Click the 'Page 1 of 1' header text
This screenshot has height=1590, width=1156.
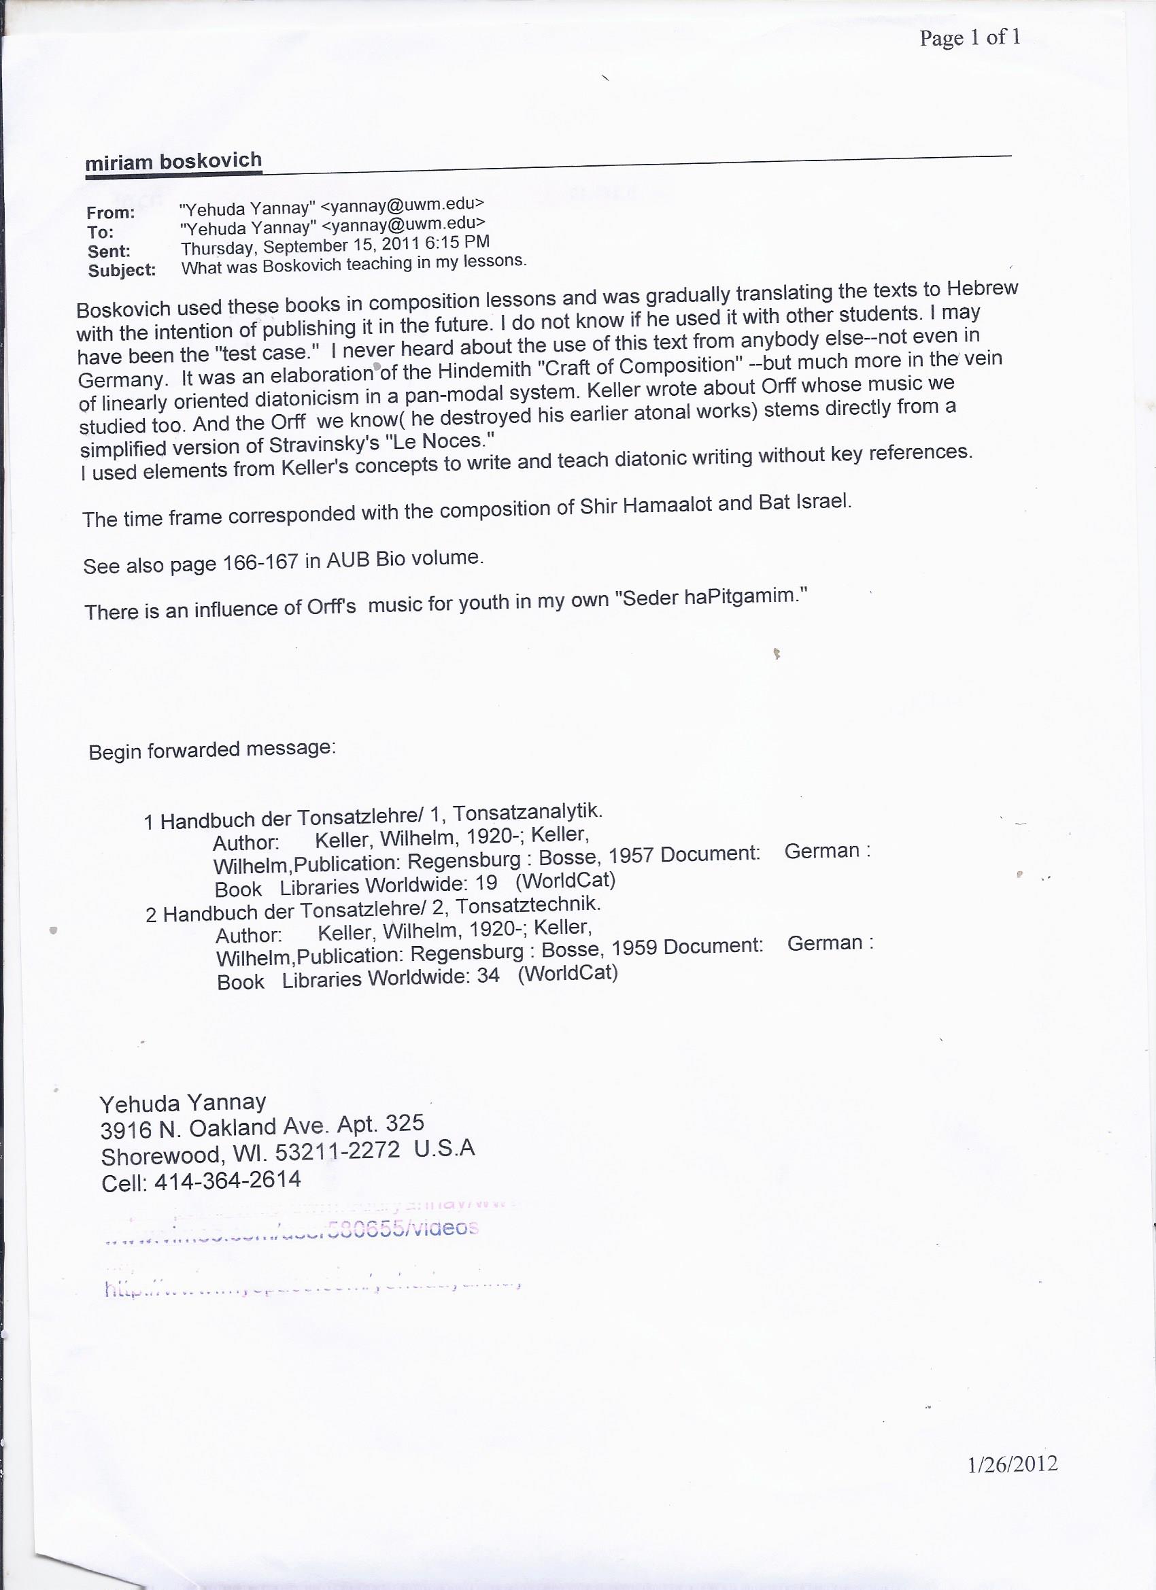[970, 37]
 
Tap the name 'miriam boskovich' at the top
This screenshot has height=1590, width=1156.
[173, 162]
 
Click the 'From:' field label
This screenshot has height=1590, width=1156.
[111, 212]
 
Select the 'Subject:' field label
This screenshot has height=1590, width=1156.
[122, 271]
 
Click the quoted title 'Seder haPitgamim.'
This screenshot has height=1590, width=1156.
[711, 597]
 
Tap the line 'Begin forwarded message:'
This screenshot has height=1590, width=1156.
[212, 750]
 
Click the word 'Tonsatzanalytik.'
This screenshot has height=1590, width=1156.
[528, 813]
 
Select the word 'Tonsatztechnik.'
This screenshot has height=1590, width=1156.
[528, 905]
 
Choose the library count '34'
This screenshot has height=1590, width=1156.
[488, 976]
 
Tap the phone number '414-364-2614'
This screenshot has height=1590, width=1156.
[227, 1180]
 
